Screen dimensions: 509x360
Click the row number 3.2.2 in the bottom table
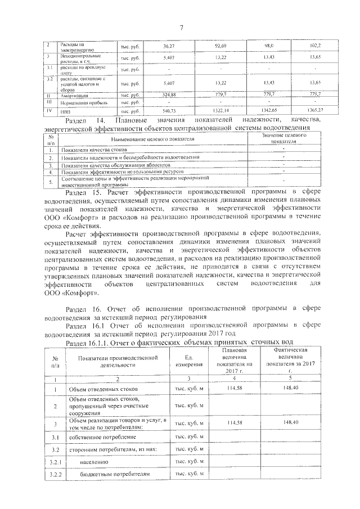coord(56,475)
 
